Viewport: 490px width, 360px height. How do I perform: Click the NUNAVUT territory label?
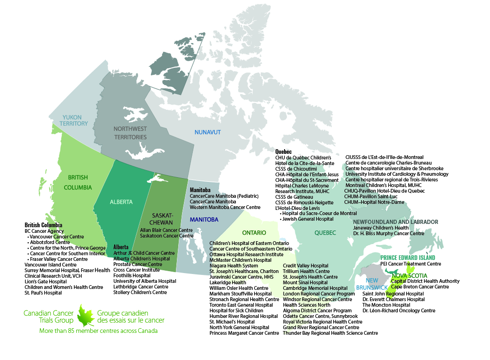pos(207,132)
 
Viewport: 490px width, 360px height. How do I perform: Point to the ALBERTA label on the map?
pos(121,202)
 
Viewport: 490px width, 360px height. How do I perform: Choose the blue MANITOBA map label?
pos(204,219)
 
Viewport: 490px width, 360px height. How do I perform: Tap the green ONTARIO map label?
pos(254,232)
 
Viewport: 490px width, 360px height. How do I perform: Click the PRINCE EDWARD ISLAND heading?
pos(408,258)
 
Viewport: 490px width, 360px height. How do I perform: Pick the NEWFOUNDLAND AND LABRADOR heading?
pos(395,222)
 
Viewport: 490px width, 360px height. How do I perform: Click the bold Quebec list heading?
pos(284,151)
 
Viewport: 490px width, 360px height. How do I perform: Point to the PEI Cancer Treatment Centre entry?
pos(410,264)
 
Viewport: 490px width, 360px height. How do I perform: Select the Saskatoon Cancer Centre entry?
pos(167,236)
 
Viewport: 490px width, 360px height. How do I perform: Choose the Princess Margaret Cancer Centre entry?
pos(244,333)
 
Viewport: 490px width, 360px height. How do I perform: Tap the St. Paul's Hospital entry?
pos(43,293)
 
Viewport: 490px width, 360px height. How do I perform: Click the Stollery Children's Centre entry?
pos(140,292)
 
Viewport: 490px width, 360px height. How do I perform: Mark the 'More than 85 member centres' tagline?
pos(91,331)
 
